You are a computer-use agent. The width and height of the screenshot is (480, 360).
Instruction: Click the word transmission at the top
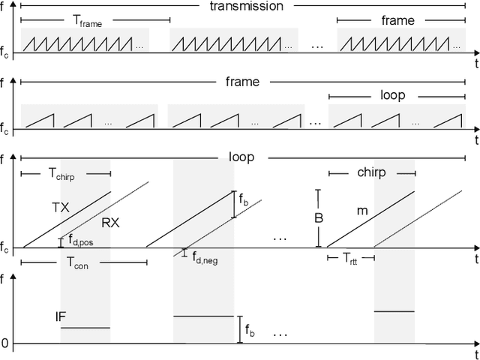247,6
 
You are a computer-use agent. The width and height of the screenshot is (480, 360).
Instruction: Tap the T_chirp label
66,174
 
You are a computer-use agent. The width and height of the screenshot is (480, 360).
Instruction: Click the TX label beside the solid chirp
61,207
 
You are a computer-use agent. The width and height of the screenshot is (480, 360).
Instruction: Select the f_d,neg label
205,257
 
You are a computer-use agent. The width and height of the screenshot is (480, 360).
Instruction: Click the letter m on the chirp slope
362,211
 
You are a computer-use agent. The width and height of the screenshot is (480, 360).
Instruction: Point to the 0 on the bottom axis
5,344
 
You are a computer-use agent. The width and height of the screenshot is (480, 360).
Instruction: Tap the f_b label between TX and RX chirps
244,201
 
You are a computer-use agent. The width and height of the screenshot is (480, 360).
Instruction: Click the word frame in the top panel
397,20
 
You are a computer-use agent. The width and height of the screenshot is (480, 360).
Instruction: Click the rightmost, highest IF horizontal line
394,311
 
